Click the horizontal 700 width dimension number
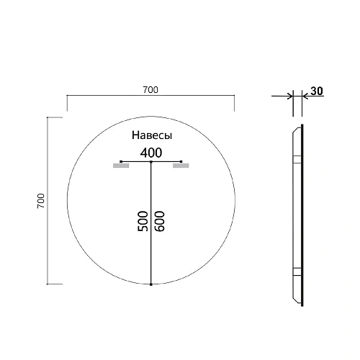150,90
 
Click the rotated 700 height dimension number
41,201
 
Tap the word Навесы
151,135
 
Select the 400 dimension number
151,152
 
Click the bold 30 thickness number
315,91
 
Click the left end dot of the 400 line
120,161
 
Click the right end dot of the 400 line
182,161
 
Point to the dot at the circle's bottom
151,285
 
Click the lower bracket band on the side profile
296,271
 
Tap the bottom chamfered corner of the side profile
294,300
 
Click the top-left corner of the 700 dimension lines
67,96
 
